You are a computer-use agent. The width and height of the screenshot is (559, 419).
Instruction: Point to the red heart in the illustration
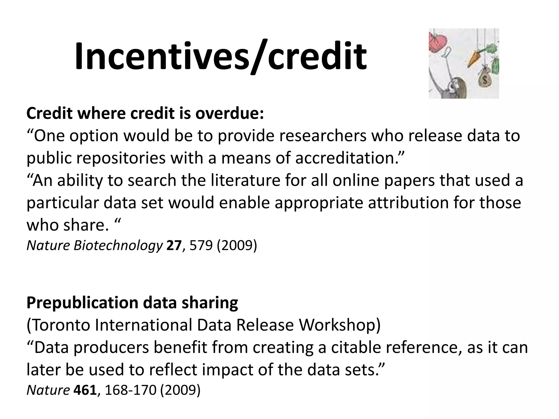click(x=438, y=41)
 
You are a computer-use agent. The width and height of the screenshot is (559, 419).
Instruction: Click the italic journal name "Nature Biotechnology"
click(x=94, y=246)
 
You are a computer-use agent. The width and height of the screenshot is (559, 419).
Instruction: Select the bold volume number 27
click(x=174, y=246)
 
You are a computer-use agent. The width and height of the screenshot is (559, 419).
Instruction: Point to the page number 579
click(x=201, y=246)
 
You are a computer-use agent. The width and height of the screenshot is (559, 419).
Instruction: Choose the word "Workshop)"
click(x=340, y=325)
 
